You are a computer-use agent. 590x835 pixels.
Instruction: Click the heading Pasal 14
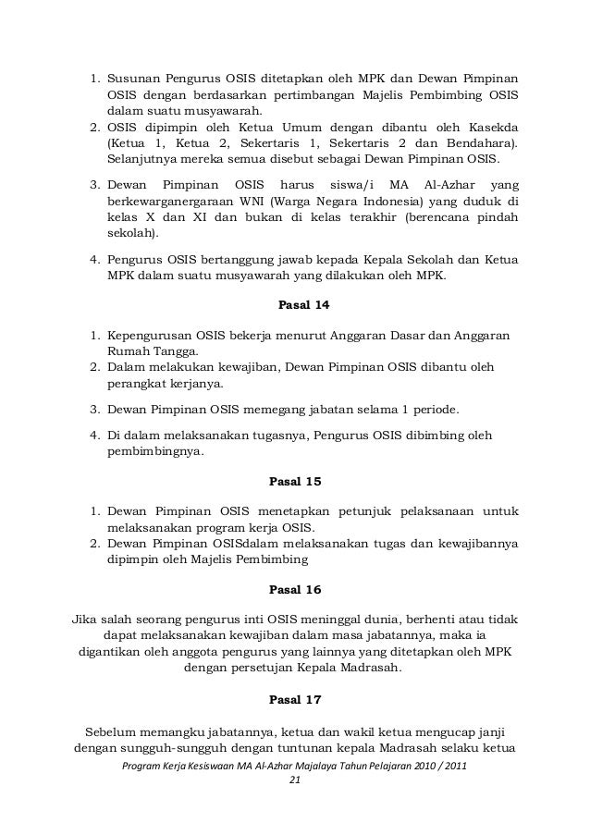pos(296,303)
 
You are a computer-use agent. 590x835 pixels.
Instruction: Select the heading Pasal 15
pos(296,481)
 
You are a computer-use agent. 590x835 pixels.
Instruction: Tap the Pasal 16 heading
pos(296,588)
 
